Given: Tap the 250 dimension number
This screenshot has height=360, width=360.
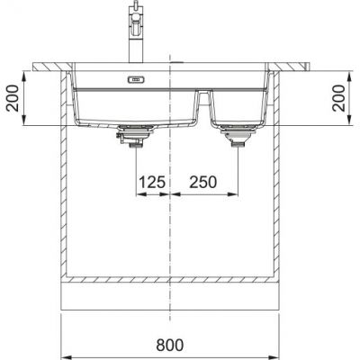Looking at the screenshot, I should [203, 183].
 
